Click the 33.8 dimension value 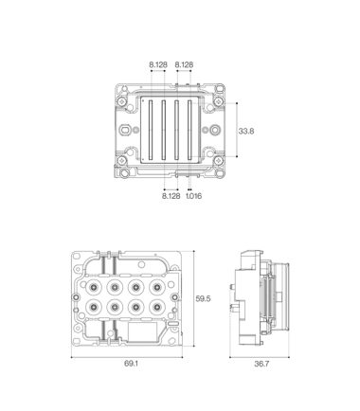tap(246, 131)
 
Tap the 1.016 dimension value tap(193, 196)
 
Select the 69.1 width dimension tap(131, 364)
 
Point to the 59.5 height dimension tap(203, 298)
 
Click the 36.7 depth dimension tap(261, 364)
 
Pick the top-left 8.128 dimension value tap(158, 64)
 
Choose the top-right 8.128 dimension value tap(184, 64)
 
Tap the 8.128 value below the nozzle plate tap(171, 196)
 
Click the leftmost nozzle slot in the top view tap(151, 130)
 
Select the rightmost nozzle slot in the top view tap(189, 130)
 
